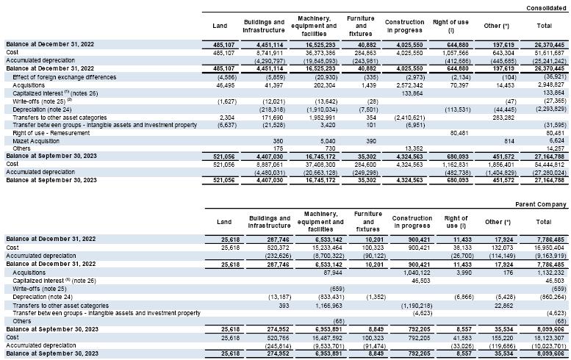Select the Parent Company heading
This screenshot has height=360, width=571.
click(x=542, y=204)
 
